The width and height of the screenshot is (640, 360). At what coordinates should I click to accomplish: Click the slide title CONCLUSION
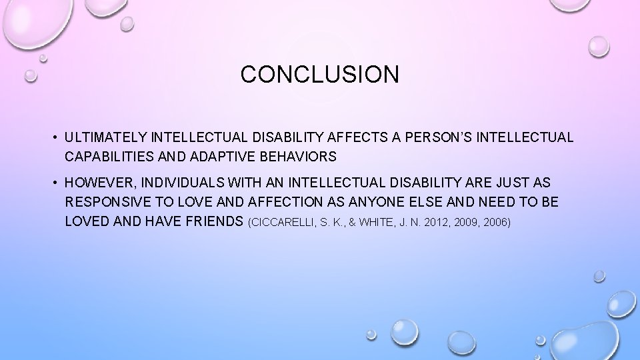click(x=320, y=74)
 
